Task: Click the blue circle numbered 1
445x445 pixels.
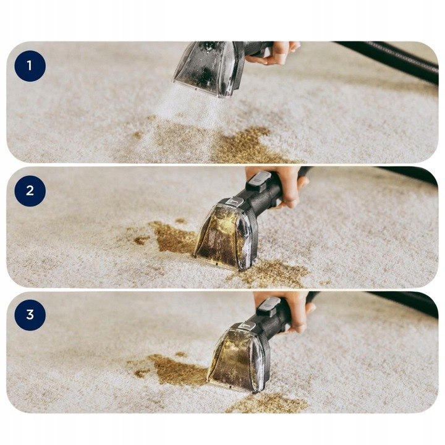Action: [30, 66]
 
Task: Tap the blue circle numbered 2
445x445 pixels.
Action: [30, 191]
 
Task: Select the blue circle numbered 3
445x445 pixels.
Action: [30, 315]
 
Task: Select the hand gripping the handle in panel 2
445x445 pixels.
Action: [281, 184]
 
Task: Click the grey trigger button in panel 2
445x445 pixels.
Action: [258, 180]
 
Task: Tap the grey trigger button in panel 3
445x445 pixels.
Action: [268, 307]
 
